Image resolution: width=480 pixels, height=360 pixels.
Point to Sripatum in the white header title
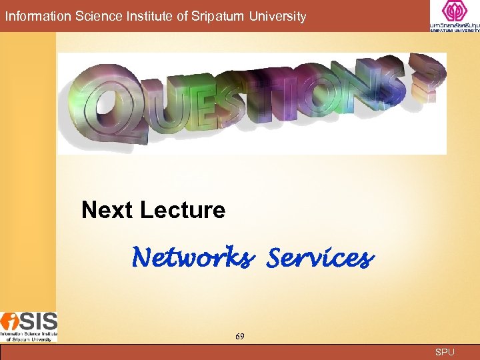[210, 16]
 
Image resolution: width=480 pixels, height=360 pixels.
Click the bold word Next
[107, 211]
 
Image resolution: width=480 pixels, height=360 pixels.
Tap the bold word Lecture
[183, 211]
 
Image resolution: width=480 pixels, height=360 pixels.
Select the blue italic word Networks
[192, 257]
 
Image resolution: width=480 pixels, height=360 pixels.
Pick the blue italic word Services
[319, 257]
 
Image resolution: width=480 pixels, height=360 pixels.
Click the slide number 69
[239, 337]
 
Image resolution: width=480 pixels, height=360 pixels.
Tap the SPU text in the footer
[444, 352]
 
